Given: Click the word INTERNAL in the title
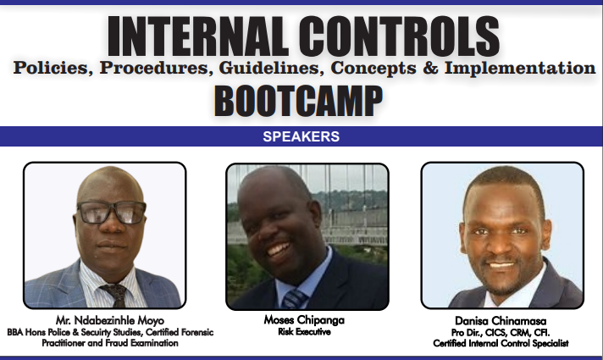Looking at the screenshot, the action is tap(197, 36).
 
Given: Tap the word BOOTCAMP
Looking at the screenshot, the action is tap(298, 101).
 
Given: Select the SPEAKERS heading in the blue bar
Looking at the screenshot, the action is tap(301, 136).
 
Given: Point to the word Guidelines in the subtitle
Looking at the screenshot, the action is tap(272, 68).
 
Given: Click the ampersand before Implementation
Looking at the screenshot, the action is tap(431, 68).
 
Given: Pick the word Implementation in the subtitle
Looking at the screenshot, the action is tap(520, 68).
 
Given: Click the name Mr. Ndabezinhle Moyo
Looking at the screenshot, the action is tap(110, 320).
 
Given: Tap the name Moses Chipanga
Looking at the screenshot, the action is tap(304, 319).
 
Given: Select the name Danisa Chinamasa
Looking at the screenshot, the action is tap(501, 321).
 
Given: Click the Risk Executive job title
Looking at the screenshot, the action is tap(304, 331).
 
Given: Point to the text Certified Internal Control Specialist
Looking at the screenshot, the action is tap(501, 343).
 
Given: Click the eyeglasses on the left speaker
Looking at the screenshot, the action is tap(112, 212).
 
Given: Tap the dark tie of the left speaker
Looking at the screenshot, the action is tap(115, 295).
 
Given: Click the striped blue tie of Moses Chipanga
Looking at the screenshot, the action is tap(295, 299).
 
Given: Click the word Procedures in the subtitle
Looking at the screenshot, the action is tap(156, 68).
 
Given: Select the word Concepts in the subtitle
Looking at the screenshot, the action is tap(373, 69).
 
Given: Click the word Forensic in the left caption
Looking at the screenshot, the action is tap(196, 332).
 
